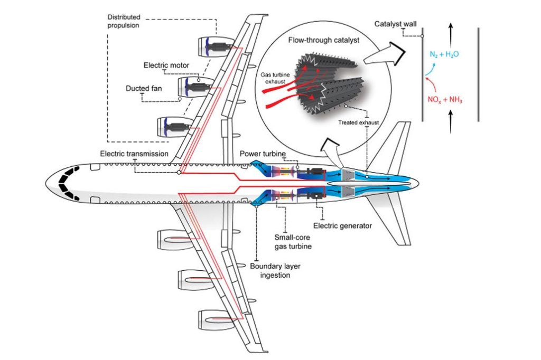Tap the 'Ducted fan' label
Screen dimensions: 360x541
click(144, 88)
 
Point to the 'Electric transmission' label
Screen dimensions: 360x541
click(134, 154)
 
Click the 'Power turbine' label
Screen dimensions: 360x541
click(262, 154)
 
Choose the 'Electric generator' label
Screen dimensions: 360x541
click(342, 225)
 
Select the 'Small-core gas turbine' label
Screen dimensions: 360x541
click(293, 241)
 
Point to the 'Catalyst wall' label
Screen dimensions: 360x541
click(396, 24)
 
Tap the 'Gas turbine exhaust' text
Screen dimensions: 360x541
click(275, 80)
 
